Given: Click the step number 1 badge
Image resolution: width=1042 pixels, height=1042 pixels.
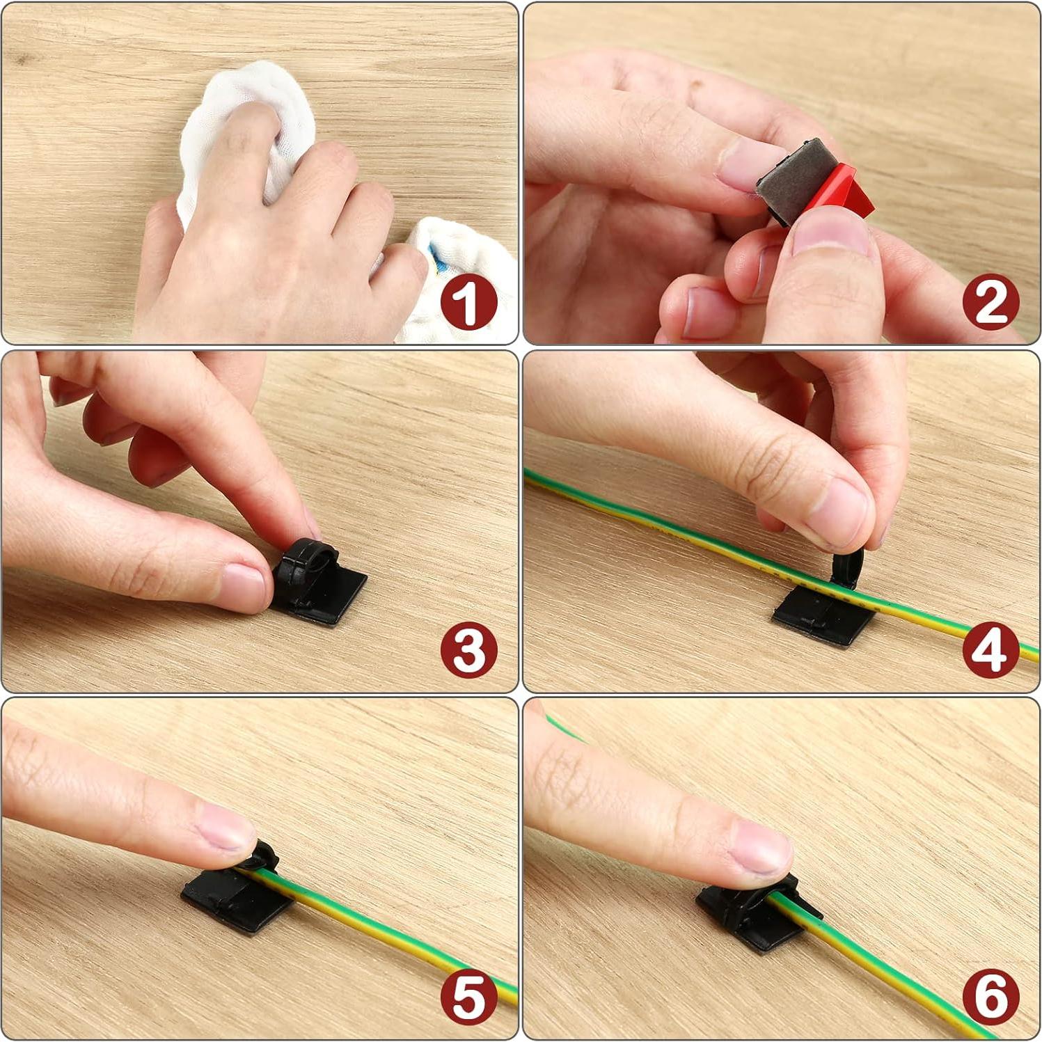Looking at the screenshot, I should point(468,302).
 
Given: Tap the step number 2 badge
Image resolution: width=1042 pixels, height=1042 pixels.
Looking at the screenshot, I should point(990,302).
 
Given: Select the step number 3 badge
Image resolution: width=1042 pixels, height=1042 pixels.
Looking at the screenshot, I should point(468,649).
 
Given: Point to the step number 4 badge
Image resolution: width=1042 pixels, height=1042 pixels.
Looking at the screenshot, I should point(990,649).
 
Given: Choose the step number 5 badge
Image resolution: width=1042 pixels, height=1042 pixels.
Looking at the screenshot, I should point(468,996).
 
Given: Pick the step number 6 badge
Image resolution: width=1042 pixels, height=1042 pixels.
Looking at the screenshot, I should point(990,996).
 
